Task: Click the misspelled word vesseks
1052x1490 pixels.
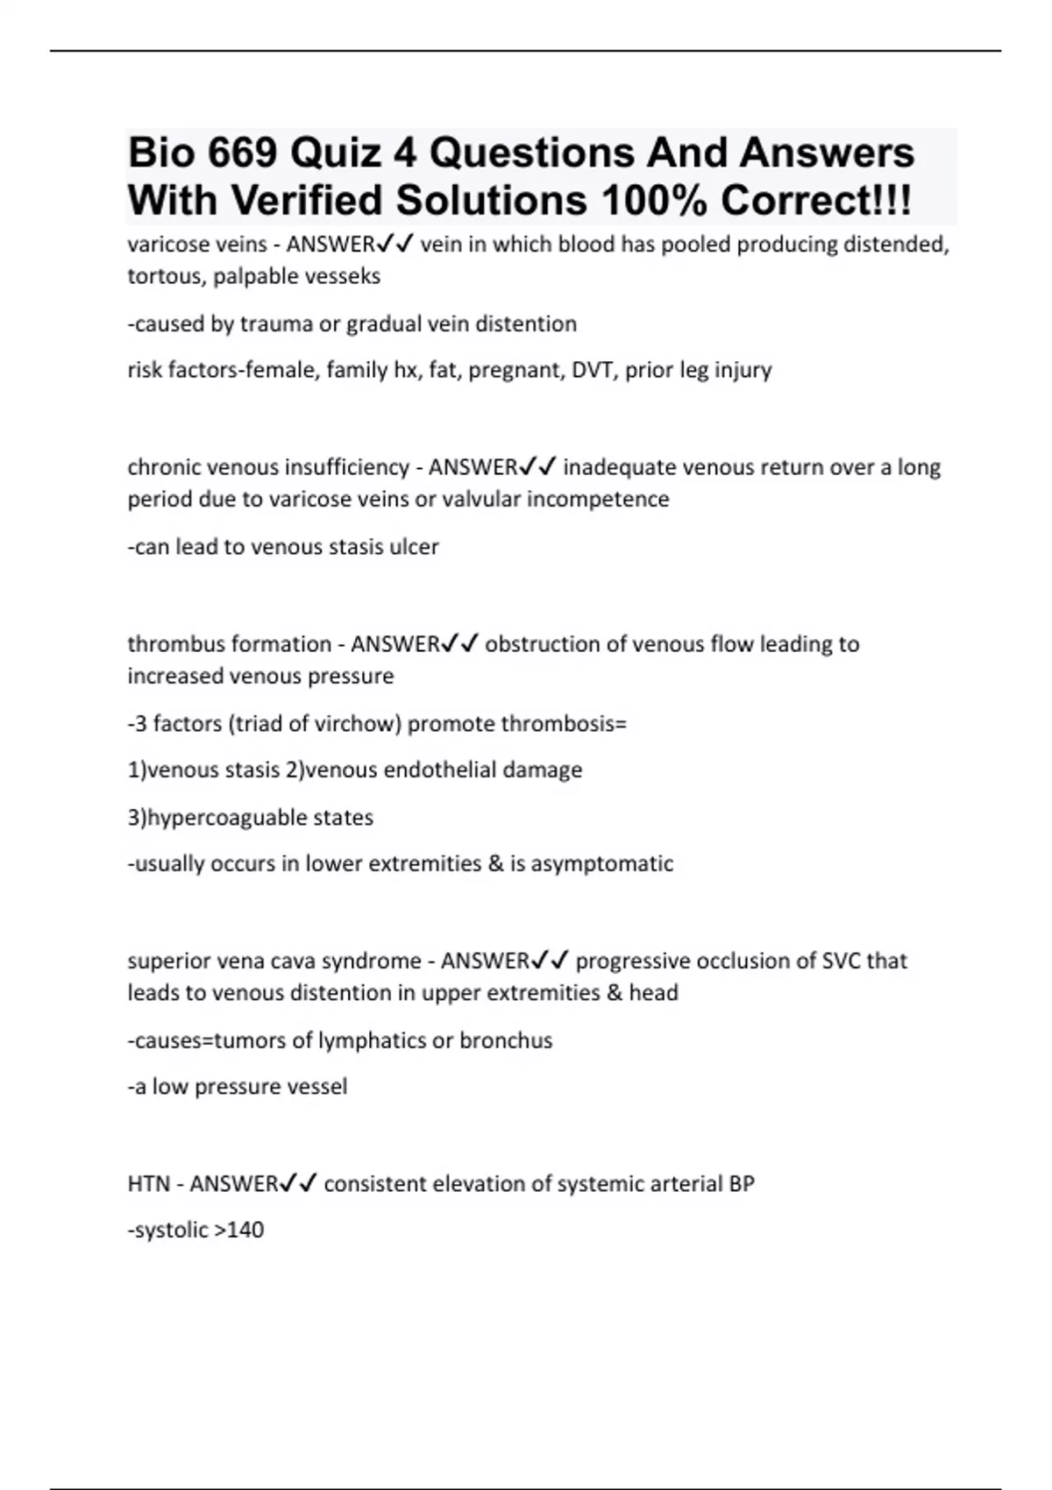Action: click(x=341, y=277)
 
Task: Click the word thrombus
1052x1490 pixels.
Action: click(x=170, y=644)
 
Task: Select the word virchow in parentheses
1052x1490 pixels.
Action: click(x=360, y=724)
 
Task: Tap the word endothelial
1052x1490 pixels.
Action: click(x=426, y=770)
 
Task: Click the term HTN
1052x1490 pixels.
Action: click(x=148, y=1184)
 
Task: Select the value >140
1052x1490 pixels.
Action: click(x=238, y=1231)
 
